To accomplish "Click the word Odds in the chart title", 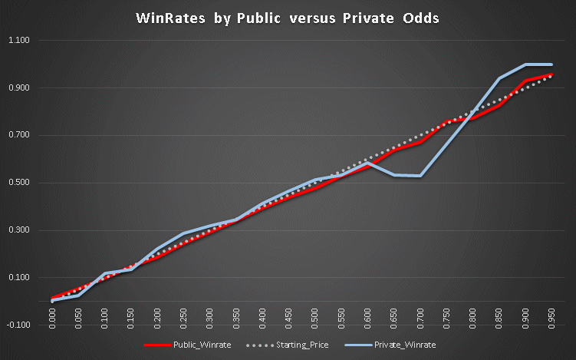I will (x=419, y=17).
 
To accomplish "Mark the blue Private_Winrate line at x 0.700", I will (x=420, y=176).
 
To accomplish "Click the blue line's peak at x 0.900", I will (x=525, y=64).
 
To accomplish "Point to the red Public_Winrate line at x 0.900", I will (x=525, y=81).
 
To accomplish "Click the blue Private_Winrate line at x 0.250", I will (x=183, y=233).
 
